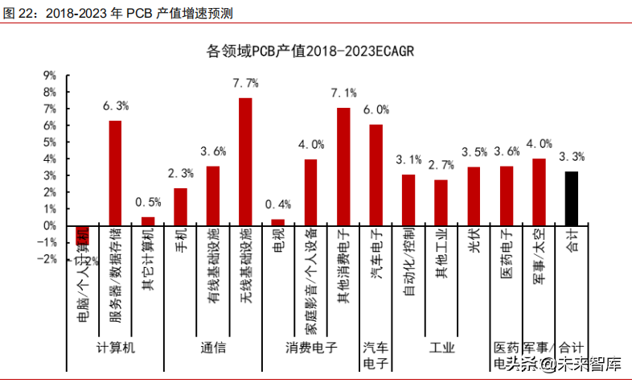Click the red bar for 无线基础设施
(246, 161)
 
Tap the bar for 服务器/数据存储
(116, 173)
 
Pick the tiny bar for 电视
(278, 222)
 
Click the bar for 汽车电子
(376, 175)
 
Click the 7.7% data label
(245, 83)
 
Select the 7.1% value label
(343, 93)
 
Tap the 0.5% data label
(149, 201)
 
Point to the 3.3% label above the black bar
(572, 156)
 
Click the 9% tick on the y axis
(49, 75)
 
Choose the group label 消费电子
(311, 348)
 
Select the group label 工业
(442, 348)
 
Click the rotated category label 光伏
(474, 242)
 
